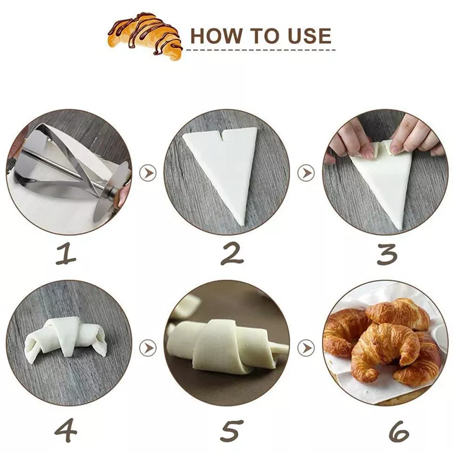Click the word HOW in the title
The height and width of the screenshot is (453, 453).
pos(216,36)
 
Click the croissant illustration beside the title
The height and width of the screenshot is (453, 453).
pos(145,36)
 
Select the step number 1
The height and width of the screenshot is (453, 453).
pos(66,253)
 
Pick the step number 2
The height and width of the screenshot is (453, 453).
pos(232,253)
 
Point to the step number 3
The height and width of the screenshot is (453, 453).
pos(387,254)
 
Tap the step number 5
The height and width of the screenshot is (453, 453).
pos(232,431)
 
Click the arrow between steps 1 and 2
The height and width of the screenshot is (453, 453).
pos(148,173)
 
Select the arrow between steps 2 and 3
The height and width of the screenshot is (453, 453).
pos(306,173)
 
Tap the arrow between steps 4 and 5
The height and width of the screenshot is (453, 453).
pos(148,348)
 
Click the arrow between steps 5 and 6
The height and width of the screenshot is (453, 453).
pos(306,348)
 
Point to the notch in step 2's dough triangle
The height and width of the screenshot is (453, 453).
pos(222,136)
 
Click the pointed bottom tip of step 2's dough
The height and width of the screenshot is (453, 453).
pos(242,225)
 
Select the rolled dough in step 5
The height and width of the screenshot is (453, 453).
pos(228,347)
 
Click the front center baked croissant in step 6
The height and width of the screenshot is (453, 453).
pos(384,351)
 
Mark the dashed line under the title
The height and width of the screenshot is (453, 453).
pos(261,50)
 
